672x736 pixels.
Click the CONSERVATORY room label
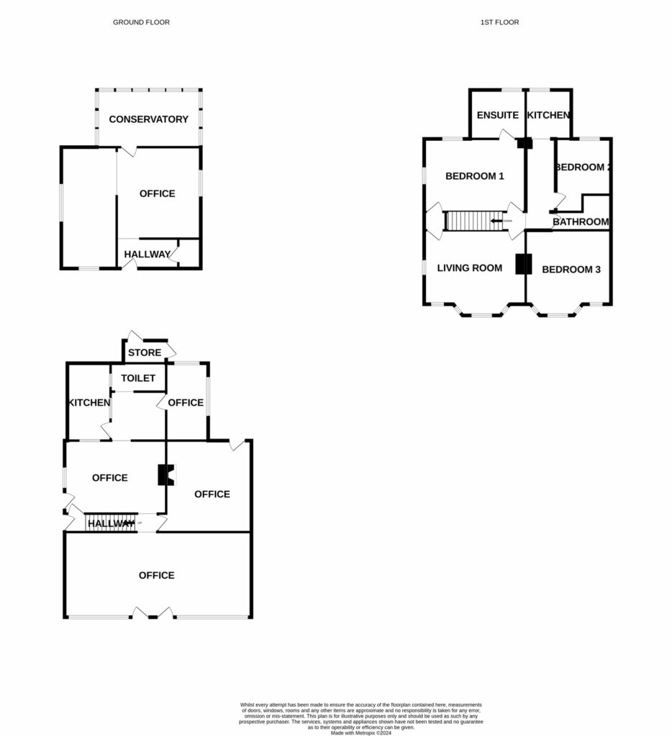tap(148, 119)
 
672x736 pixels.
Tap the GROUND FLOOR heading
tap(141, 22)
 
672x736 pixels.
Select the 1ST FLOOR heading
tap(499, 22)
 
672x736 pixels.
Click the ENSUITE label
tap(497, 115)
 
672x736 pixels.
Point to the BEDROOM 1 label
tap(474, 176)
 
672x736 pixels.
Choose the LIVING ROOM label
tap(469, 268)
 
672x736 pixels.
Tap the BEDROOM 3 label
tap(571, 270)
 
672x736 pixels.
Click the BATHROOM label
tap(581, 222)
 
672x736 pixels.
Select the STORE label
tap(145, 352)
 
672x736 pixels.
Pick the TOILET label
tap(138, 378)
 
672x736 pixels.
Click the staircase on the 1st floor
tap(468, 221)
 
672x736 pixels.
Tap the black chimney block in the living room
tap(522, 264)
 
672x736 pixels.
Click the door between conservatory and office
tap(127, 151)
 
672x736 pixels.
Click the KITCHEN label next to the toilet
tap(88, 402)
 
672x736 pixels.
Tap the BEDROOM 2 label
tap(582, 167)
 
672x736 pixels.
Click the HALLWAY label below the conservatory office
tap(147, 254)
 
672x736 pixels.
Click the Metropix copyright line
tap(362, 732)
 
